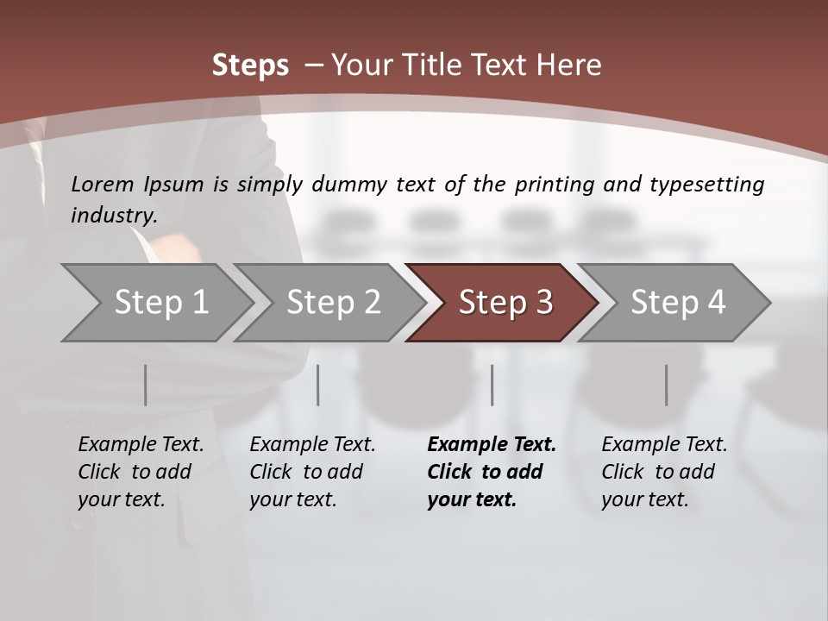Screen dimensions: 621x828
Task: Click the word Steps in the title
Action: pyautogui.click(x=250, y=66)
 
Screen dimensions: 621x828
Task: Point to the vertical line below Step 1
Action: pyautogui.click(x=146, y=385)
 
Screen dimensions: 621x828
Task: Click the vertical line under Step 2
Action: pyautogui.click(x=318, y=385)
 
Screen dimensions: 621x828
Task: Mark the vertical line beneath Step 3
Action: pyautogui.click(x=492, y=385)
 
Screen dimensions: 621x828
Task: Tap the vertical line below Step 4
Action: pyautogui.click(x=667, y=385)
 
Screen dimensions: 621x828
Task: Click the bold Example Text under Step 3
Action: pyautogui.click(x=492, y=445)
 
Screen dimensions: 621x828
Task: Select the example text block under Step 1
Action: pyautogui.click(x=140, y=472)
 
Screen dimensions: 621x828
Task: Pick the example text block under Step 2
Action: pyautogui.click(x=311, y=472)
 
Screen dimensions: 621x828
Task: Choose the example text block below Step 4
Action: pyautogui.click(x=663, y=472)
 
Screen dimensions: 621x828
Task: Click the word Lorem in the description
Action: pyautogui.click(x=102, y=185)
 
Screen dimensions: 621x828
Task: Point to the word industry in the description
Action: pyautogui.click(x=113, y=216)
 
